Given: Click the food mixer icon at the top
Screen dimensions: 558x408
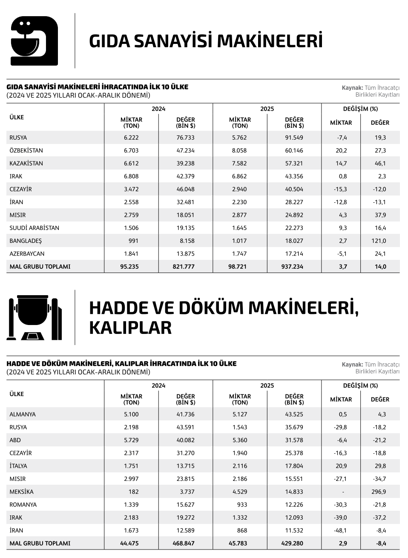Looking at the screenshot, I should click(34, 41).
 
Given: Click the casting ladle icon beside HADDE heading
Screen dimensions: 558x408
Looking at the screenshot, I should click(34, 317).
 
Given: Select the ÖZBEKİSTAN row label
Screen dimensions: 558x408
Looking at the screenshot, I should click(26, 150).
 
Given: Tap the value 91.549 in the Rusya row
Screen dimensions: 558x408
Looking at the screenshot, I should click(294, 138).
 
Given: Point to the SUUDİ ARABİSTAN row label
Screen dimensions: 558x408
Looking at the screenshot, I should click(34, 228).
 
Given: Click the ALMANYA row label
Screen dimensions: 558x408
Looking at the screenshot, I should click(23, 414).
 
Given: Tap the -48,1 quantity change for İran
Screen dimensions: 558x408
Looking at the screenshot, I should click(340, 530).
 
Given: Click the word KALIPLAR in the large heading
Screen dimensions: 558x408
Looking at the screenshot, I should click(130, 328).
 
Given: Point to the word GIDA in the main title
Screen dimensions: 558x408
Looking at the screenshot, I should click(108, 41).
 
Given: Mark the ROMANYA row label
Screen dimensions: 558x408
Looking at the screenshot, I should click(23, 505).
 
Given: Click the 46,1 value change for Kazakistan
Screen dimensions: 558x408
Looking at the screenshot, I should click(380, 164).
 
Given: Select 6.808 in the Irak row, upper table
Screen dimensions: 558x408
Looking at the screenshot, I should click(131, 176).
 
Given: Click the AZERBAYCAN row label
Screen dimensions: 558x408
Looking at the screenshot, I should click(27, 254).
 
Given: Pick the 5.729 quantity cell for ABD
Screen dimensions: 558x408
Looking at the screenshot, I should click(131, 440).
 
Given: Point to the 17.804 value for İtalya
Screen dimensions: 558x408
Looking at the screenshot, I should click(294, 466).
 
